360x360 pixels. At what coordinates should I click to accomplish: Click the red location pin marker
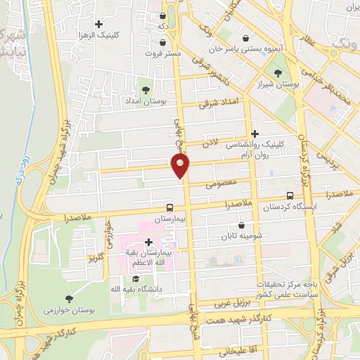[x=181, y=165]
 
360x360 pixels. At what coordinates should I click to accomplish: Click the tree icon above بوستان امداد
[x=146, y=90]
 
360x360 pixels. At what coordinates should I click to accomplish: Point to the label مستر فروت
[x=163, y=53]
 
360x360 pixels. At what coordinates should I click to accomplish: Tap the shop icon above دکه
[x=163, y=15]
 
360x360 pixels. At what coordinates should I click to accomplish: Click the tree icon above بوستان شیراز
[x=278, y=73]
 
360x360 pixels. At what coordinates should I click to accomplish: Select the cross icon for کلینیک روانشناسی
[x=255, y=133]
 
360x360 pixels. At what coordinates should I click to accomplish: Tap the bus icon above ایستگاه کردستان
[x=290, y=196]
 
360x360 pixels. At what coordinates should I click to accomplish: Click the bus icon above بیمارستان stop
[x=169, y=208]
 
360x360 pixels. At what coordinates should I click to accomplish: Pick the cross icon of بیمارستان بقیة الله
[x=148, y=242]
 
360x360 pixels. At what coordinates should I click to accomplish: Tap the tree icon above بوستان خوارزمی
[x=68, y=299]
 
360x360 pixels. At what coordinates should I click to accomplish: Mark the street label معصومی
[x=219, y=185]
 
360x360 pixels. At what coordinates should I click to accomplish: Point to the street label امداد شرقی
[x=219, y=103]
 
